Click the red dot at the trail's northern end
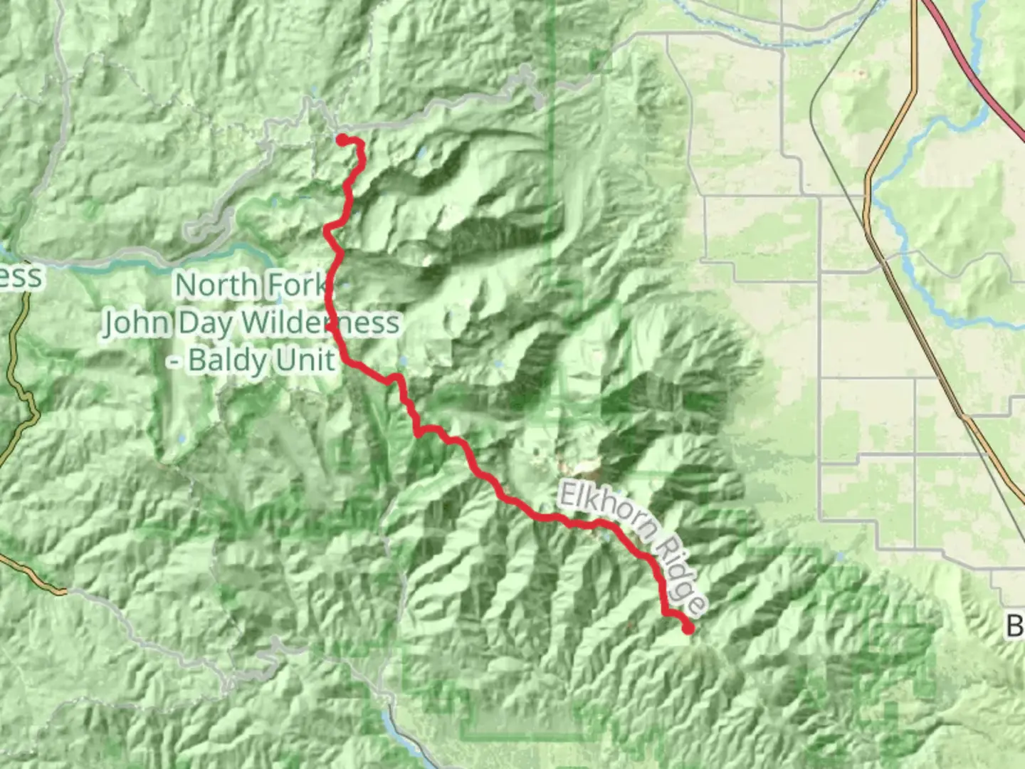[342, 139]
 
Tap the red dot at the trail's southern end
[688, 628]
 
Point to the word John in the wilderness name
[135, 323]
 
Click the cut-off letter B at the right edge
[1016, 627]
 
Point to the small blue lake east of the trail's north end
[422, 152]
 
